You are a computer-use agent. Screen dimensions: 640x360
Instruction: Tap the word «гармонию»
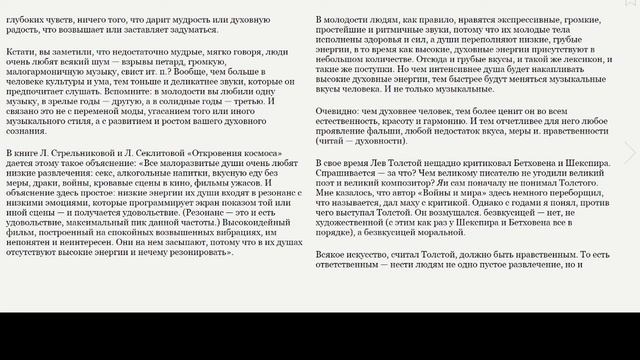(480, 153)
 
